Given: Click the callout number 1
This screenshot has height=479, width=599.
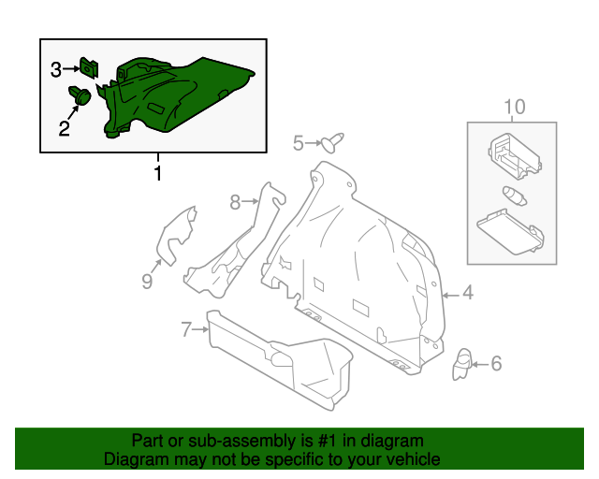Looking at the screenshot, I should click(157, 173).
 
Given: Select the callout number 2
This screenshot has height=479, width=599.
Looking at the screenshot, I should click(65, 128).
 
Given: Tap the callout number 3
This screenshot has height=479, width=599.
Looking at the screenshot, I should click(56, 69).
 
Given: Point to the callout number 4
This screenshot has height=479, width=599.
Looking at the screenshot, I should click(467, 294).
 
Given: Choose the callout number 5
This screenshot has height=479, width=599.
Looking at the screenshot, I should click(299, 142).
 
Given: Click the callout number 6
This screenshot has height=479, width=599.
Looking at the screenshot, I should click(496, 363).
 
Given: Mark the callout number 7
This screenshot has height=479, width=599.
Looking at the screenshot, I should click(186, 328).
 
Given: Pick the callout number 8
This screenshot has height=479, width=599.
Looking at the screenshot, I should click(236, 199).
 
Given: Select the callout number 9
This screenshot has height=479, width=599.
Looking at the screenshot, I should click(147, 280).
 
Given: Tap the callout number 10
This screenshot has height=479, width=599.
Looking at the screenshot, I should click(515, 107).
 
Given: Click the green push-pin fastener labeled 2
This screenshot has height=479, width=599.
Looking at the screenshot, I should click(80, 94).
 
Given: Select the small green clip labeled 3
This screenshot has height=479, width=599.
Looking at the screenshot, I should click(91, 68).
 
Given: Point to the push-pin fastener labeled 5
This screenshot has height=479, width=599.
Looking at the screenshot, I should click(332, 141).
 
